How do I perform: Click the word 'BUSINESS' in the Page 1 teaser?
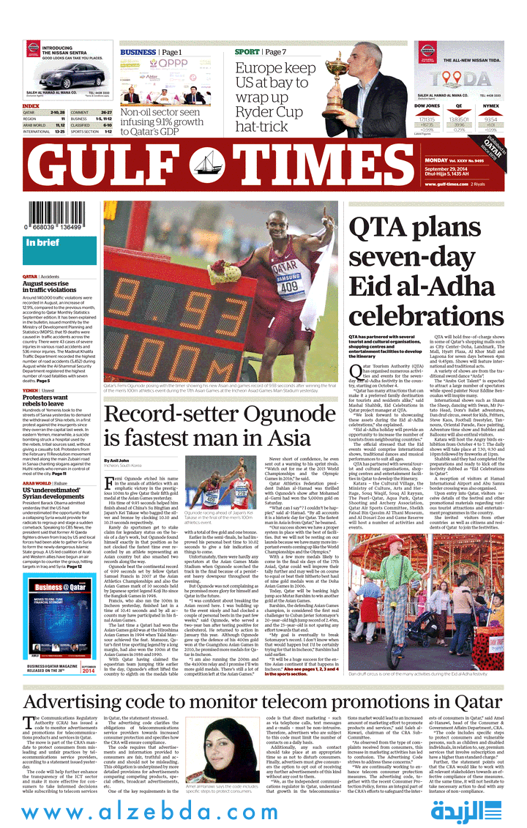pyautogui.click(x=138, y=53)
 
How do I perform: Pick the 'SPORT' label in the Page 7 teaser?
pyautogui.click(x=247, y=53)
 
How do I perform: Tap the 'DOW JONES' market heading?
pyautogui.click(x=427, y=106)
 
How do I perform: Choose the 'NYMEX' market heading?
pyautogui.click(x=491, y=106)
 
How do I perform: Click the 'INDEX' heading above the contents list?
pyautogui.click(x=31, y=106)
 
